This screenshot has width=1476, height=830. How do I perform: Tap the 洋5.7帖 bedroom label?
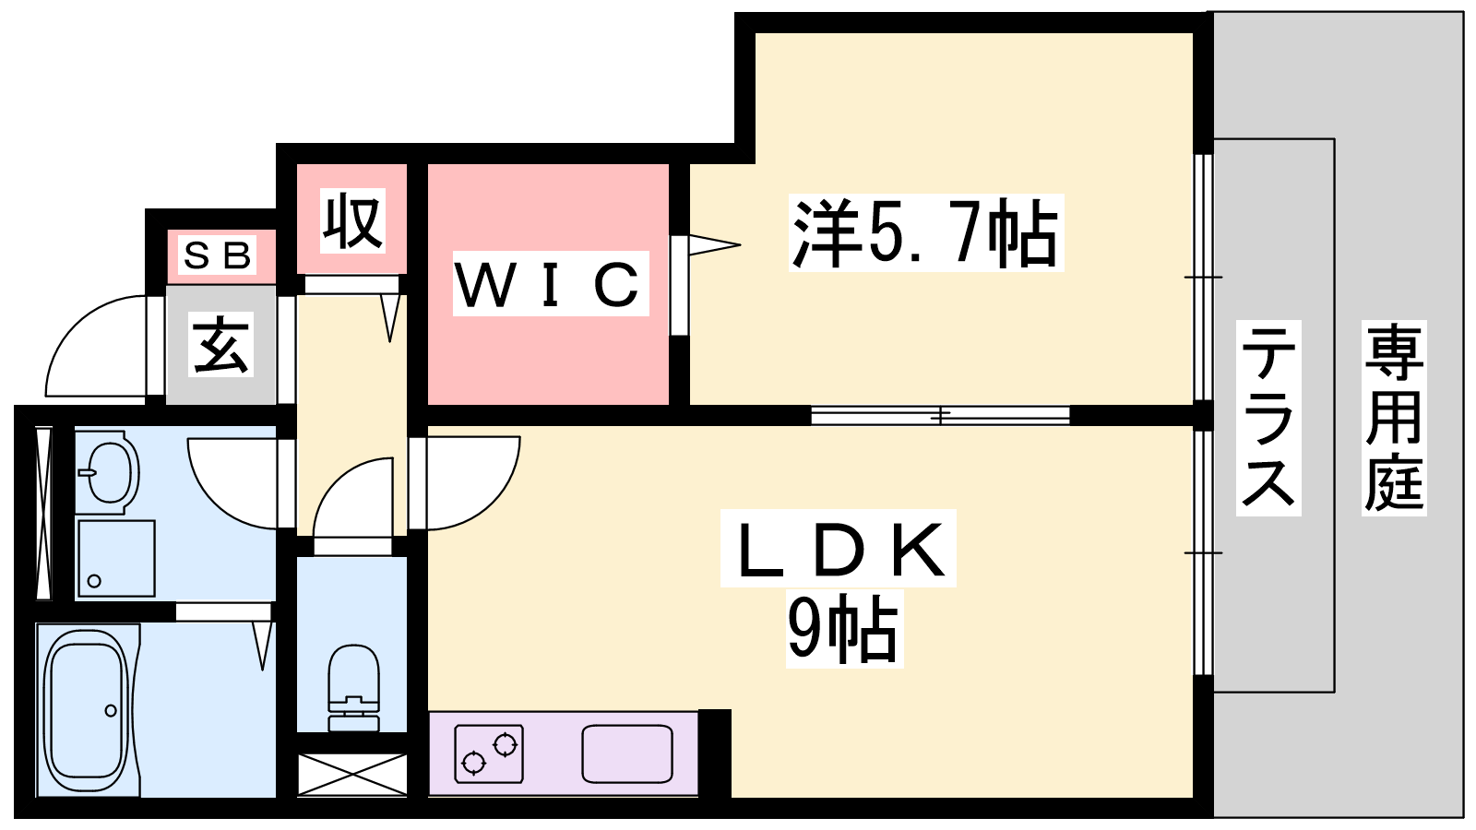pos(925,233)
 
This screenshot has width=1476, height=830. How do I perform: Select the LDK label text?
pos(839,550)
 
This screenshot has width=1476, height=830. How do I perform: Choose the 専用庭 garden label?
pos(1393,418)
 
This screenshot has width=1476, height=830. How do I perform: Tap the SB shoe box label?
pos(218,255)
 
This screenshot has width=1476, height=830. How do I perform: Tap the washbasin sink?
pos(108,473)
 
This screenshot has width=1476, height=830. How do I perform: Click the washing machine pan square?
pos(116,558)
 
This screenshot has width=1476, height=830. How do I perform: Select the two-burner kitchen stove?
pos(489,753)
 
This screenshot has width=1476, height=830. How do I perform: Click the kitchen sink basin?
pos(627,753)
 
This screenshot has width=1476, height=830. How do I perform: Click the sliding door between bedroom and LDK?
pos(940,416)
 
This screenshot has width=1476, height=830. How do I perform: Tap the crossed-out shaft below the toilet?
pos(352,774)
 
